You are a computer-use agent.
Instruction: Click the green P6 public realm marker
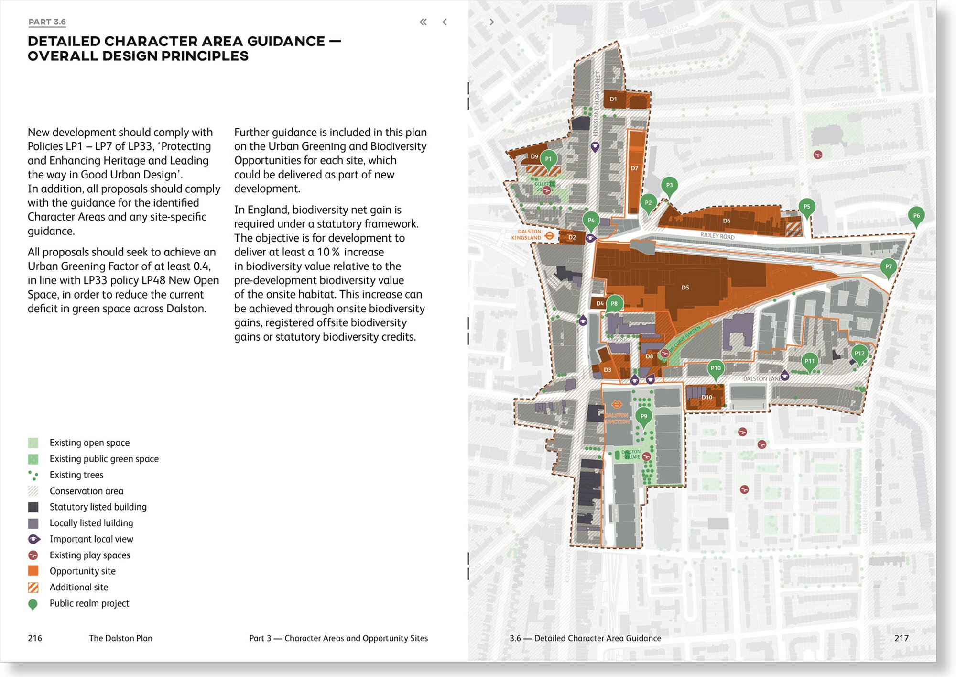[x=916, y=215]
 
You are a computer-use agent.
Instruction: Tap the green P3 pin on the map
[x=669, y=185]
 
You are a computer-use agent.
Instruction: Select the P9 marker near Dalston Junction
[x=643, y=416]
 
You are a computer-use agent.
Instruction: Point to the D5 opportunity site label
[x=685, y=288]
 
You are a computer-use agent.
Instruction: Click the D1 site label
[x=613, y=100]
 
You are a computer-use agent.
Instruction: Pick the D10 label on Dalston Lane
[x=706, y=397]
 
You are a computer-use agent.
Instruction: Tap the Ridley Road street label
[x=717, y=235]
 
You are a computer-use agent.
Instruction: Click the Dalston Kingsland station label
[x=526, y=234]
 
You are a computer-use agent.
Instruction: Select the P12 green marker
[x=859, y=354]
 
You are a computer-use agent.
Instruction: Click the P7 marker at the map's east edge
[x=888, y=266]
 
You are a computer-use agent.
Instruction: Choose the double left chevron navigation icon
[x=423, y=22]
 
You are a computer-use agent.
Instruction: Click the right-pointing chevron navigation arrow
[x=491, y=22]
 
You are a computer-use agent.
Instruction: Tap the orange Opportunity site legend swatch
[x=33, y=571]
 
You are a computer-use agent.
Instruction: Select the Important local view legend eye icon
[x=33, y=539]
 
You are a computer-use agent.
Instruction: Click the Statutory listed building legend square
[x=33, y=507]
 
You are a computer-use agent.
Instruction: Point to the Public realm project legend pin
[x=33, y=604]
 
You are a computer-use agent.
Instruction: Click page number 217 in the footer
[x=901, y=638]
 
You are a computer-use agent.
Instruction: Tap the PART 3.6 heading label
[x=47, y=22]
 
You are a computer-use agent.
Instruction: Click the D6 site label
[x=727, y=221]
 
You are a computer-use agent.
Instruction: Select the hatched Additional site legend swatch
[x=33, y=587]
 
